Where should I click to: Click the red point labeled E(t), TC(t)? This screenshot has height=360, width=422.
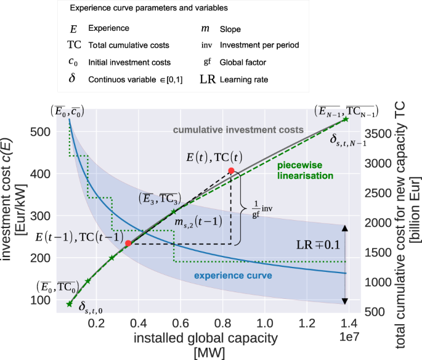(x=231, y=171)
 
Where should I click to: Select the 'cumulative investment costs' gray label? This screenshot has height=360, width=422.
(x=238, y=130)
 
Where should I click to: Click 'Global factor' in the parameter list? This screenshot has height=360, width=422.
(x=249, y=62)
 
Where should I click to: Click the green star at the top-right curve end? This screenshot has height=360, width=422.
(x=346, y=119)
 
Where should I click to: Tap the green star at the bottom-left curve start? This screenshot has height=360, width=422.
(x=70, y=304)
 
